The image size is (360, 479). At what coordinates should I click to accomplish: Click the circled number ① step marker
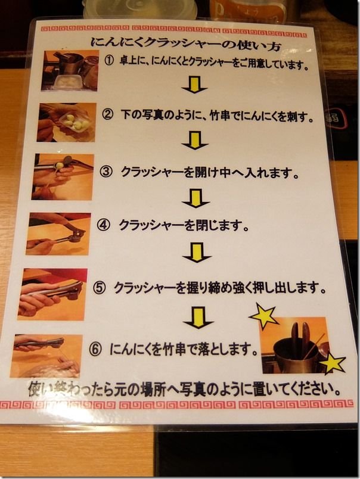point(109,61)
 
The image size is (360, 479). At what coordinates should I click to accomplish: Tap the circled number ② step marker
point(107,115)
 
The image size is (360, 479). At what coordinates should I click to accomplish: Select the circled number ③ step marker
point(105,172)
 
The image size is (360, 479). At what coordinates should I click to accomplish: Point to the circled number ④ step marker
point(103,225)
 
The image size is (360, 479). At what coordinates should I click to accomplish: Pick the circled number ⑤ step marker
point(100,288)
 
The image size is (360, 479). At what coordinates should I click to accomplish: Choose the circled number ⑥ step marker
point(95,349)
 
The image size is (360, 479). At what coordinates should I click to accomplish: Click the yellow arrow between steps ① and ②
point(194,85)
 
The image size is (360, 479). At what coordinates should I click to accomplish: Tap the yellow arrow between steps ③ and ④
point(195,198)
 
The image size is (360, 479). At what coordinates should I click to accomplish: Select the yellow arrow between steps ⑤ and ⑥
point(198,318)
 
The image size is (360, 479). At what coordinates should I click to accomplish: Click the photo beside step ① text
point(70,71)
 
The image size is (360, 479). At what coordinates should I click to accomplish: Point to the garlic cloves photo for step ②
point(67,122)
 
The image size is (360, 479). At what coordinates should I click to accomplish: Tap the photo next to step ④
point(58,234)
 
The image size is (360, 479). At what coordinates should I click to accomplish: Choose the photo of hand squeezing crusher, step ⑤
point(52,294)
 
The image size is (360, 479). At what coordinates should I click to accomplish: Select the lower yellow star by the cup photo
point(331,363)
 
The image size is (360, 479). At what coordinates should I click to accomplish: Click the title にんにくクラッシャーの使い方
point(185,44)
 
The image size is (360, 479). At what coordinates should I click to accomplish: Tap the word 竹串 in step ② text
point(221,116)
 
